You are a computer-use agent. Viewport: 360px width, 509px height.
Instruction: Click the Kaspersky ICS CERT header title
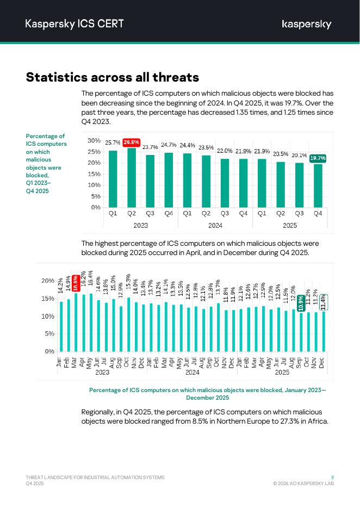coord(75,23)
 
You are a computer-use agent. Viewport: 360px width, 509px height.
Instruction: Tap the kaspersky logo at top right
coord(306,24)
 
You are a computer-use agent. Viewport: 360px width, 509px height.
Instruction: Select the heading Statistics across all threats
coord(113,77)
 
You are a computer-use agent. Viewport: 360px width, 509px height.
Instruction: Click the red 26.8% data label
coord(131,142)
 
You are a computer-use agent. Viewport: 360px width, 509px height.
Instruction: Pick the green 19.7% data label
coord(318,158)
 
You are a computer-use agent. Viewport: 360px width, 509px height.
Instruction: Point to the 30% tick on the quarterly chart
coord(94,140)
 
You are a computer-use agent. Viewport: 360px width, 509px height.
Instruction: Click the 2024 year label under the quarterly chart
coord(215,225)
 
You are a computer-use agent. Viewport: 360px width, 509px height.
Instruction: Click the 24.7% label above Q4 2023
coord(169,145)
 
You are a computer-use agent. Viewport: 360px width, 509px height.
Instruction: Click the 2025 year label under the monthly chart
coord(282,373)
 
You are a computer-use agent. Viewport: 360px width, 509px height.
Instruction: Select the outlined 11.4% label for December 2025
coord(323,302)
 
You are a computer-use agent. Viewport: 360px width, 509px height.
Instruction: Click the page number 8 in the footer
coord(332,477)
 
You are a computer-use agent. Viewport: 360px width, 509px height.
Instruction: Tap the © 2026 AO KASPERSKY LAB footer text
coord(303,483)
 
